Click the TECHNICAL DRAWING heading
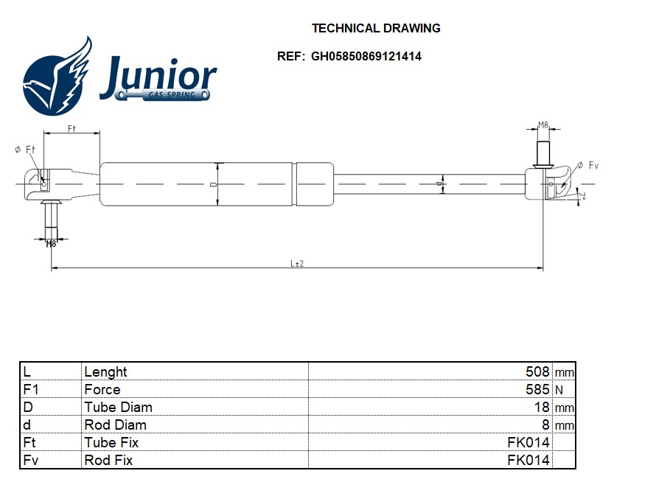pyautogui.click(x=376, y=29)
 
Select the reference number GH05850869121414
pyautogui.click(x=366, y=56)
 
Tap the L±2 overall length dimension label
pyautogui.click(x=297, y=263)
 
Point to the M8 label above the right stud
pyautogui.click(x=543, y=125)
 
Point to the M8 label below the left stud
pyautogui.click(x=51, y=243)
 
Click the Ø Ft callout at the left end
pyautogui.click(x=25, y=150)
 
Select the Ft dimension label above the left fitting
pyautogui.click(x=71, y=128)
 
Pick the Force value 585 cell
pyautogui.click(x=539, y=389)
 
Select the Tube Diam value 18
pyautogui.click(x=542, y=407)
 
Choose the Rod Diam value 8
pyautogui.click(x=546, y=425)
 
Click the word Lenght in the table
pyautogui.click(x=105, y=371)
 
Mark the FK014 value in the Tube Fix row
pyautogui.click(x=528, y=442)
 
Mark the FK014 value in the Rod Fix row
pyautogui.click(x=528, y=460)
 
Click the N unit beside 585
pyautogui.click(x=558, y=390)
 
